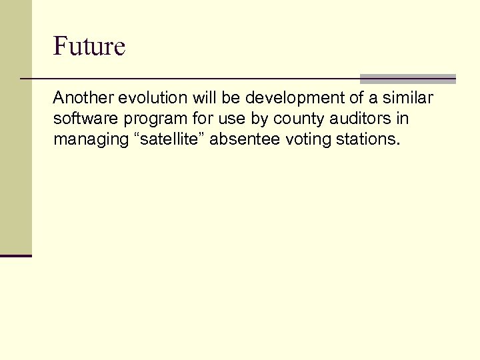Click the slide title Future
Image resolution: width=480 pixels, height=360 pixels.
pyautogui.click(x=89, y=47)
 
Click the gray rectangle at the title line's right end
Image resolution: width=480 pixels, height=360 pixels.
pyautogui.click(x=408, y=79)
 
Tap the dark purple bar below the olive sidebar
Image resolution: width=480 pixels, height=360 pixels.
pyautogui.click(x=15, y=255)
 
